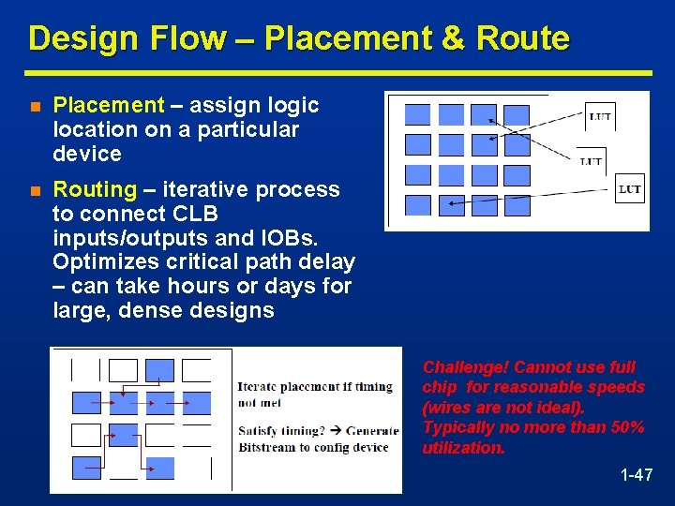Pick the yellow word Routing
(95, 189)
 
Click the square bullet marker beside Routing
(35, 190)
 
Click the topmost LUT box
(600, 117)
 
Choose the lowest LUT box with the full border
(630, 189)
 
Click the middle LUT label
(591, 161)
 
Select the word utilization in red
(463, 448)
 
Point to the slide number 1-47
(637, 475)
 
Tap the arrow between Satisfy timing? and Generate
(337, 431)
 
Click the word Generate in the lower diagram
(372, 431)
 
